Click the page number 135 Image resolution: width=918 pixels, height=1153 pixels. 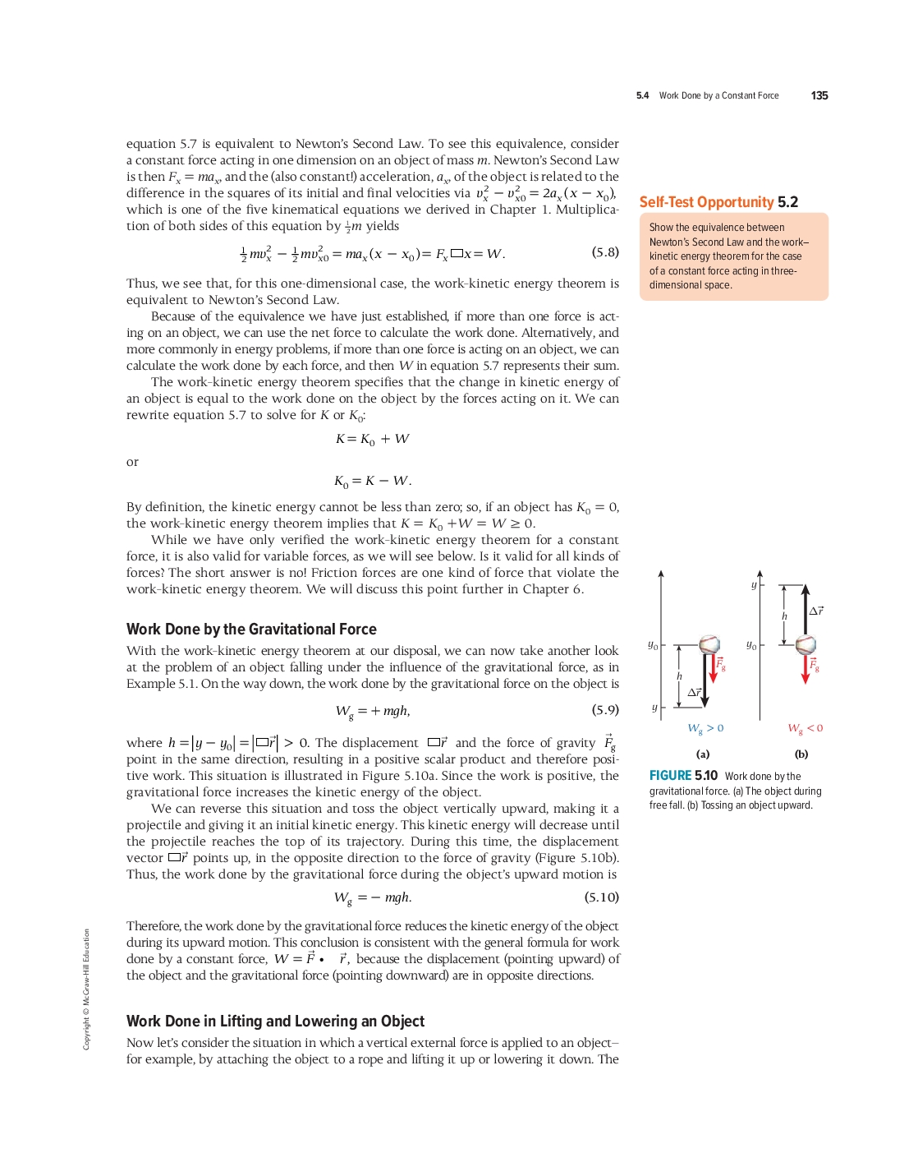[x=819, y=95]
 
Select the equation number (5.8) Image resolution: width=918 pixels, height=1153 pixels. [x=605, y=252]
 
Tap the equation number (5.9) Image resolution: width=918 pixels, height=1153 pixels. [x=605, y=709]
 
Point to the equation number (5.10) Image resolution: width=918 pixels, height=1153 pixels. [x=602, y=897]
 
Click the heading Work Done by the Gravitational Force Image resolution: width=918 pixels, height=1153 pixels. [x=251, y=630]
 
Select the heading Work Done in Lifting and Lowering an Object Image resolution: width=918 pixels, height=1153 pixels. [x=275, y=1022]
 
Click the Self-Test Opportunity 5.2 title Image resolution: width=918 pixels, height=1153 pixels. [x=718, y=202]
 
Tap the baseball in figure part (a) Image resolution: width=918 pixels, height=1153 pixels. [x=709, y=644]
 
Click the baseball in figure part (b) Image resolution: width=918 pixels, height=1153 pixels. [x=806, y=644]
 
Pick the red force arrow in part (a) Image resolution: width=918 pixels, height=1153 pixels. [x=714, y=668]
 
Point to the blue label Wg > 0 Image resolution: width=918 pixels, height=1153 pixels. [x=705, y=728]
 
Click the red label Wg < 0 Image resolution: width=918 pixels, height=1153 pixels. [x=805, y=728]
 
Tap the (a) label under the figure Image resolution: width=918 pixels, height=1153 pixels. [x=703, y=754]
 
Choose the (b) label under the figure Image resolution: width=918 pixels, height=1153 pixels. [x=801, y=754]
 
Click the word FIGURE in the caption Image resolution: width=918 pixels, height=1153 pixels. [x=670, y=776]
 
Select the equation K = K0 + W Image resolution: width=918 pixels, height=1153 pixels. [x=372, y=439]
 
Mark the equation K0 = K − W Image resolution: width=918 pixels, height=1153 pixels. [x=372, y=481]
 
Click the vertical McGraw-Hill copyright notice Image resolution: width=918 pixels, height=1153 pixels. [x=86, y=989]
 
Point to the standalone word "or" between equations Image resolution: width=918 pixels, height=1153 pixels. [x=132, y=462]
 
